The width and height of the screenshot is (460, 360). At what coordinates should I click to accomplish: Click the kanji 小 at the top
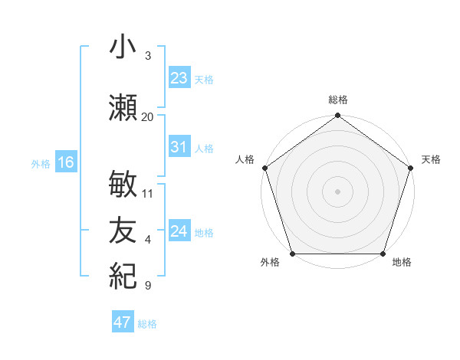coord(123,47)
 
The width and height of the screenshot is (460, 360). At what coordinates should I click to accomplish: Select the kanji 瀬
coord(123,108)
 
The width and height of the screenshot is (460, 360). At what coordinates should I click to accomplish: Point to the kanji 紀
coord(123,274)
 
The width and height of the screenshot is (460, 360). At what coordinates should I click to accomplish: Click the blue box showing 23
coord(179,78)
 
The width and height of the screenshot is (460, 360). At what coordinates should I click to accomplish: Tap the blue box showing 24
coord(179,231)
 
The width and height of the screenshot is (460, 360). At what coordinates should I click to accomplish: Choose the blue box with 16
coord(66,162)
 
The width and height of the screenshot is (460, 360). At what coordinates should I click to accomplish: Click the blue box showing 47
coord(123,322)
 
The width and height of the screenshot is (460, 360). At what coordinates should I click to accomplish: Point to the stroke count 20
coord(148,117)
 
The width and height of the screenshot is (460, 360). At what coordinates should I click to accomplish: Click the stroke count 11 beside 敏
coord(148,194)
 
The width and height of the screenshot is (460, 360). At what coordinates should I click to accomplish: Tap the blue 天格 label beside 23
coord(204,80)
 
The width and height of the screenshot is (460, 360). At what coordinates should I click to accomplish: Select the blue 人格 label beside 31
coord(204,149)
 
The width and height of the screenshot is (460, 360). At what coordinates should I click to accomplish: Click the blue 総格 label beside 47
coord(147,324)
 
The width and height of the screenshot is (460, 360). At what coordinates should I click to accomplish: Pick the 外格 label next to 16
coord(41,164)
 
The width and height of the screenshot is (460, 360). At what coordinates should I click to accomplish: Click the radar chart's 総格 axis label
coord(338,100)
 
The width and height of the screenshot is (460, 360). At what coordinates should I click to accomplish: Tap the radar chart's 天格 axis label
coord(432,159)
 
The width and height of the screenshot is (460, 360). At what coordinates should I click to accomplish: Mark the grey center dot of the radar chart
coord(338,191)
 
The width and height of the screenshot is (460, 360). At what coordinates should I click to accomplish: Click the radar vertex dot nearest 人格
coord(265,168)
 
